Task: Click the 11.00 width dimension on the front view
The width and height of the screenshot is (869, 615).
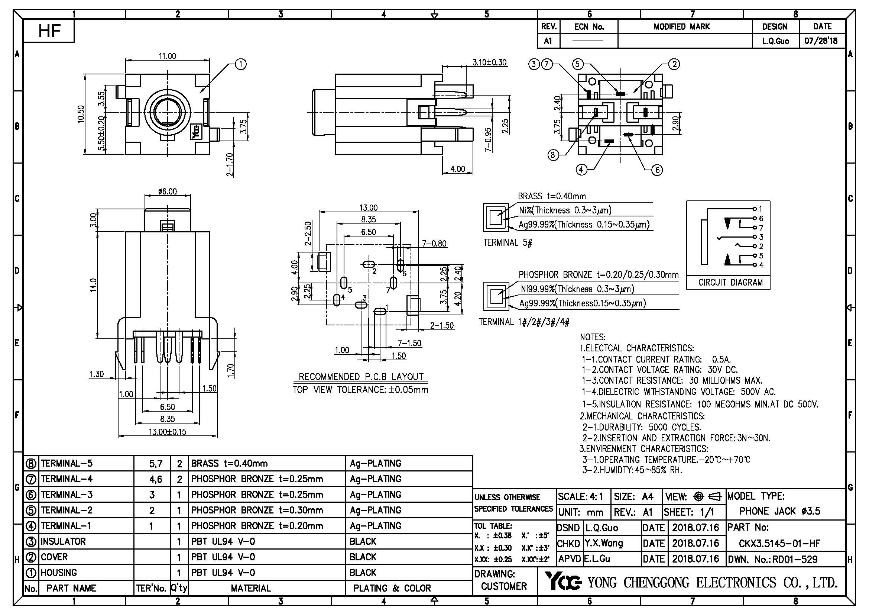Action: pyautogui.click(x=167, y=56)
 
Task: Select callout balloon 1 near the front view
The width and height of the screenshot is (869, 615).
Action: pyautogui.click(x=241, y=64)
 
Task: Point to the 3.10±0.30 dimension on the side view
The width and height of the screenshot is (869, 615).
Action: pyautogui.click(x=489, y=62)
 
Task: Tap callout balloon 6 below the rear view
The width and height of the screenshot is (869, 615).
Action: pyautogui.click(x=657, y=170)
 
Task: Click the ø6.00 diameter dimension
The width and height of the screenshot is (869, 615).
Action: pyautogui.click(x=167, y=191)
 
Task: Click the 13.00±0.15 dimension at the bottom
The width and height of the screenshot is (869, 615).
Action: pyautogui.click(x=167, y=432)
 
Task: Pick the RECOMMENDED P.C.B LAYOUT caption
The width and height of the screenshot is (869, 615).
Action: pyautogui.click(x=361, y=377)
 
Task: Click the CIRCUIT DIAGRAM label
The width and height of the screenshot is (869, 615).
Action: pyautogui.click(x=730, y=282)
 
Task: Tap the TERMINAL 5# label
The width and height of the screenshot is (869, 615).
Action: pyautogui.click(x=508, y=243)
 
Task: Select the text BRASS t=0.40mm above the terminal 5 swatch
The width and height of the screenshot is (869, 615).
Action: pyautogui.click(x=551, y=196)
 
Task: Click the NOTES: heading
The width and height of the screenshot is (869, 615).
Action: pyautogui.click(x=593, y=337)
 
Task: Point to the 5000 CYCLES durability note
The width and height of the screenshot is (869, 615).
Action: pyautogui.click(x=674, y=427)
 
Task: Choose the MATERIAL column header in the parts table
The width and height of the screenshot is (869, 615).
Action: pyautogui.click(x=250, y=588)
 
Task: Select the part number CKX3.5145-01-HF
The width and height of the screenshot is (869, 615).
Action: pyautogui.click(x=779, y=544)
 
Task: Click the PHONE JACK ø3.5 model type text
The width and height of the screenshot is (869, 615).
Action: pyautogui.click(x=780, y=511)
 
